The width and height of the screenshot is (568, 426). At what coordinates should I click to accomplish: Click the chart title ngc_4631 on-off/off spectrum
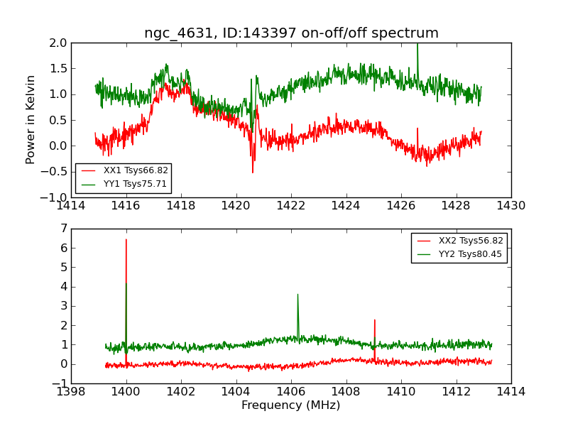coord(291,33)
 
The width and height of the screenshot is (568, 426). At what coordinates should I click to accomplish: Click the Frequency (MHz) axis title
coord(290,405)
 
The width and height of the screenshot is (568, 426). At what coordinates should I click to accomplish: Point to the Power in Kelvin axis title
coord(31,119)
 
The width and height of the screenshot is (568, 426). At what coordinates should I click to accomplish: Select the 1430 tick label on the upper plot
coord(510,206)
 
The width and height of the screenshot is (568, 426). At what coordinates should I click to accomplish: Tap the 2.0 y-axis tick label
coord(59,43)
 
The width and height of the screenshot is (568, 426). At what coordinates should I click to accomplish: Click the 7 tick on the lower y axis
coord(64,229)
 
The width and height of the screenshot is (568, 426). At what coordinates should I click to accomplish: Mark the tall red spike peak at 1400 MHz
coord(126,239)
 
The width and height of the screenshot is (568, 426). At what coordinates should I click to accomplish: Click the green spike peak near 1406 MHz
coord(297,294)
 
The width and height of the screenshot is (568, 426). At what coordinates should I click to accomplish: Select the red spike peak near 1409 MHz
coord(374,320)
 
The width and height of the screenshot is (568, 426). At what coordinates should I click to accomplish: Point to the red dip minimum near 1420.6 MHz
coord(252,173)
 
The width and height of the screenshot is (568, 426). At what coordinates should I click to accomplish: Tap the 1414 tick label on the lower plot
coord(510,392)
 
